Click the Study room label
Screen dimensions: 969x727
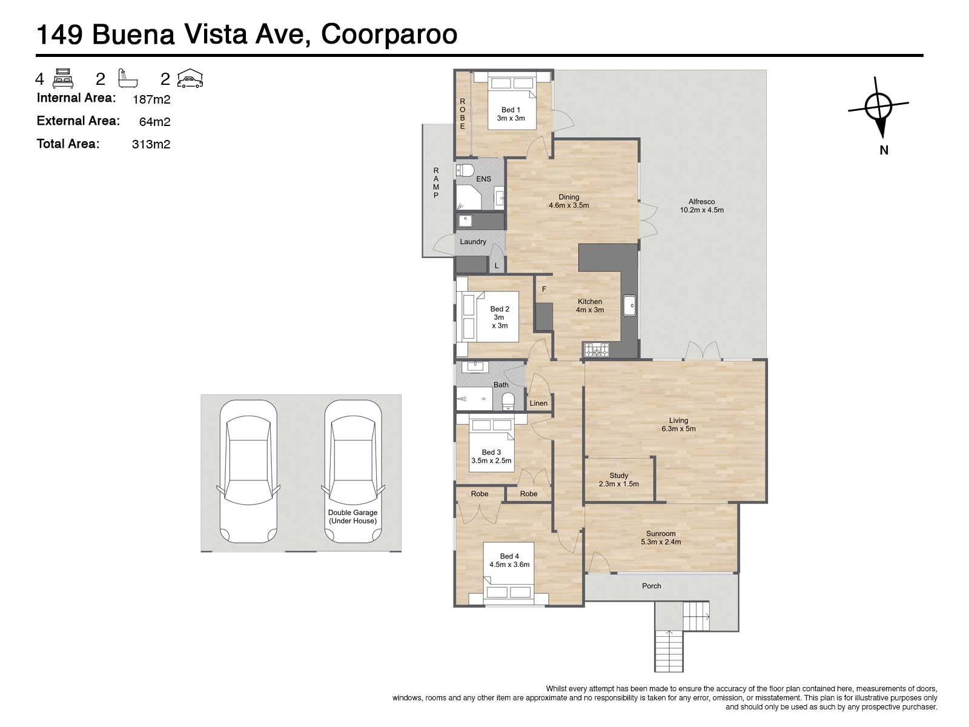[618, 476]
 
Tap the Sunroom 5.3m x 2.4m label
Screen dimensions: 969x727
[661, 537]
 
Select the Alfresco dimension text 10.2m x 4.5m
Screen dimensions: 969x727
[701, 210]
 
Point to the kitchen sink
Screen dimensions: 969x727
[629, 305]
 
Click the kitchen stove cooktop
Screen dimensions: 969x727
[597, 350]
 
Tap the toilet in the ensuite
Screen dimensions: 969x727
[465, 170]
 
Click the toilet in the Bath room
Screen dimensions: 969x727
[508, 401]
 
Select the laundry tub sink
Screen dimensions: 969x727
[465, 221]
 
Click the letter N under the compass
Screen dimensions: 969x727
[884, 150]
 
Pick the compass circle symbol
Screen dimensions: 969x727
[878, 107]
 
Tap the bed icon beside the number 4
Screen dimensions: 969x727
[63, 79]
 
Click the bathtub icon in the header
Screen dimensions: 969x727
[128, 78]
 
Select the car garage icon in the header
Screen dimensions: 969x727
[190, 79]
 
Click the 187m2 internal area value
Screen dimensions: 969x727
[151, 99]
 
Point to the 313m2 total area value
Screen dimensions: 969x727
[151, 144]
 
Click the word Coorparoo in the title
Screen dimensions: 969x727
[389, 35]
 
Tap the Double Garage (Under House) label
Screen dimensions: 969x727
[352, 516]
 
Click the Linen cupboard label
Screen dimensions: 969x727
[538, 403]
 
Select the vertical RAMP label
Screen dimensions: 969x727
[435, 183]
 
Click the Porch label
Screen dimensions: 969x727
[651, 586]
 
